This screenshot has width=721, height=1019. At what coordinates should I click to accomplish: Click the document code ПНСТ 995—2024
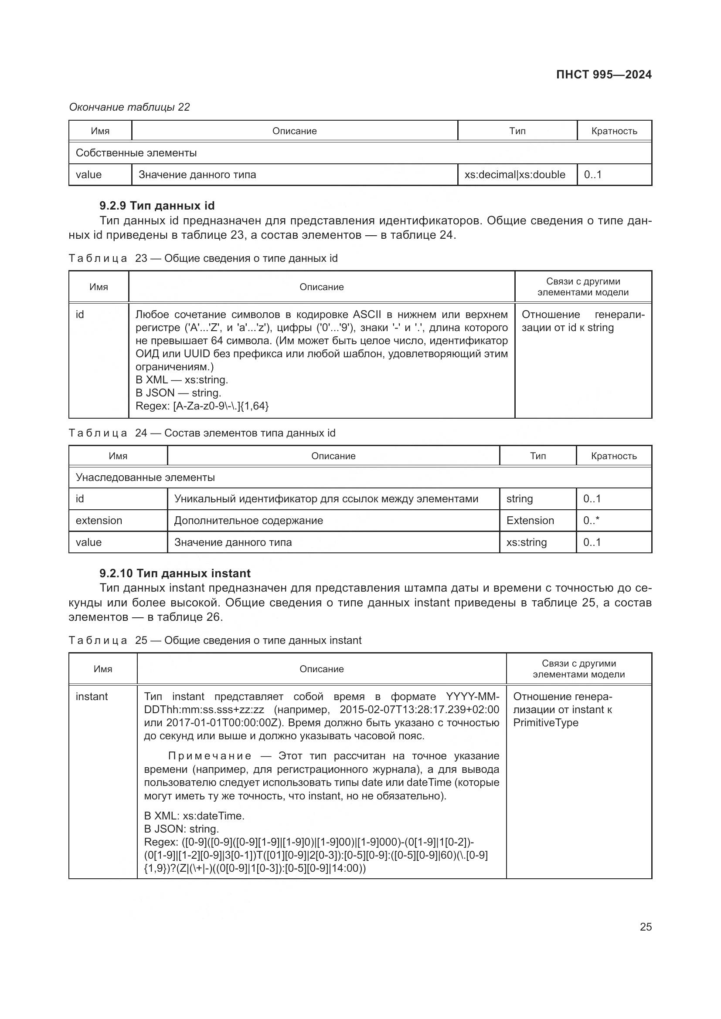point(603,74)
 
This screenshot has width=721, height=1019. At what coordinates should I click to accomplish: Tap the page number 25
point(646,927)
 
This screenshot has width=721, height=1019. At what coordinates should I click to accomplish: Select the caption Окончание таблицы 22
point(129,107)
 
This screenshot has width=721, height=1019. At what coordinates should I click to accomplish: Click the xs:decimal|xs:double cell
point(514,174)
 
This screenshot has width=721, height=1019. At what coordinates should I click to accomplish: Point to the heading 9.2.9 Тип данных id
point(157,206)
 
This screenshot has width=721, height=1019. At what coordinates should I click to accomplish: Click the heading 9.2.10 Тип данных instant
point(175,573)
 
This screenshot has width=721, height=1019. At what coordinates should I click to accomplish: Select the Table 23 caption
point(203,258)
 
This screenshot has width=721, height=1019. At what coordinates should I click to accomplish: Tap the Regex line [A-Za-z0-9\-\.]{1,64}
point(202,406)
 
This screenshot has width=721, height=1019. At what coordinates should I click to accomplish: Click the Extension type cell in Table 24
point(530,520)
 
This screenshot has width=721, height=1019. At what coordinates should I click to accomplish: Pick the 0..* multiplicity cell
point(591,520)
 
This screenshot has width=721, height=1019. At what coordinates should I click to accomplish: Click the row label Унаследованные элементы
point(145,477)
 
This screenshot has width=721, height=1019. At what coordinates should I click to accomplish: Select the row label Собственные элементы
point(136,152)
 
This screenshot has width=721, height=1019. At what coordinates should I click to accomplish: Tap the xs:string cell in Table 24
point(526,542)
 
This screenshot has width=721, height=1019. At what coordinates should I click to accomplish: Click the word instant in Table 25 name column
point(92,696)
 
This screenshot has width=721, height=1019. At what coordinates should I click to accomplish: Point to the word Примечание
point(210,756)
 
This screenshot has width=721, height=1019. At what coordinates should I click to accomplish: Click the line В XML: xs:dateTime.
point(194,816)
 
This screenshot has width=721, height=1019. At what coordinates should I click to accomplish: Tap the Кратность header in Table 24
point(614,456)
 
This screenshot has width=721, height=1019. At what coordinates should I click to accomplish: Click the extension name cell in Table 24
point(99,520)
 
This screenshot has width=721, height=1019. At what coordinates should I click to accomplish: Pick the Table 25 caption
point(215,640)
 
